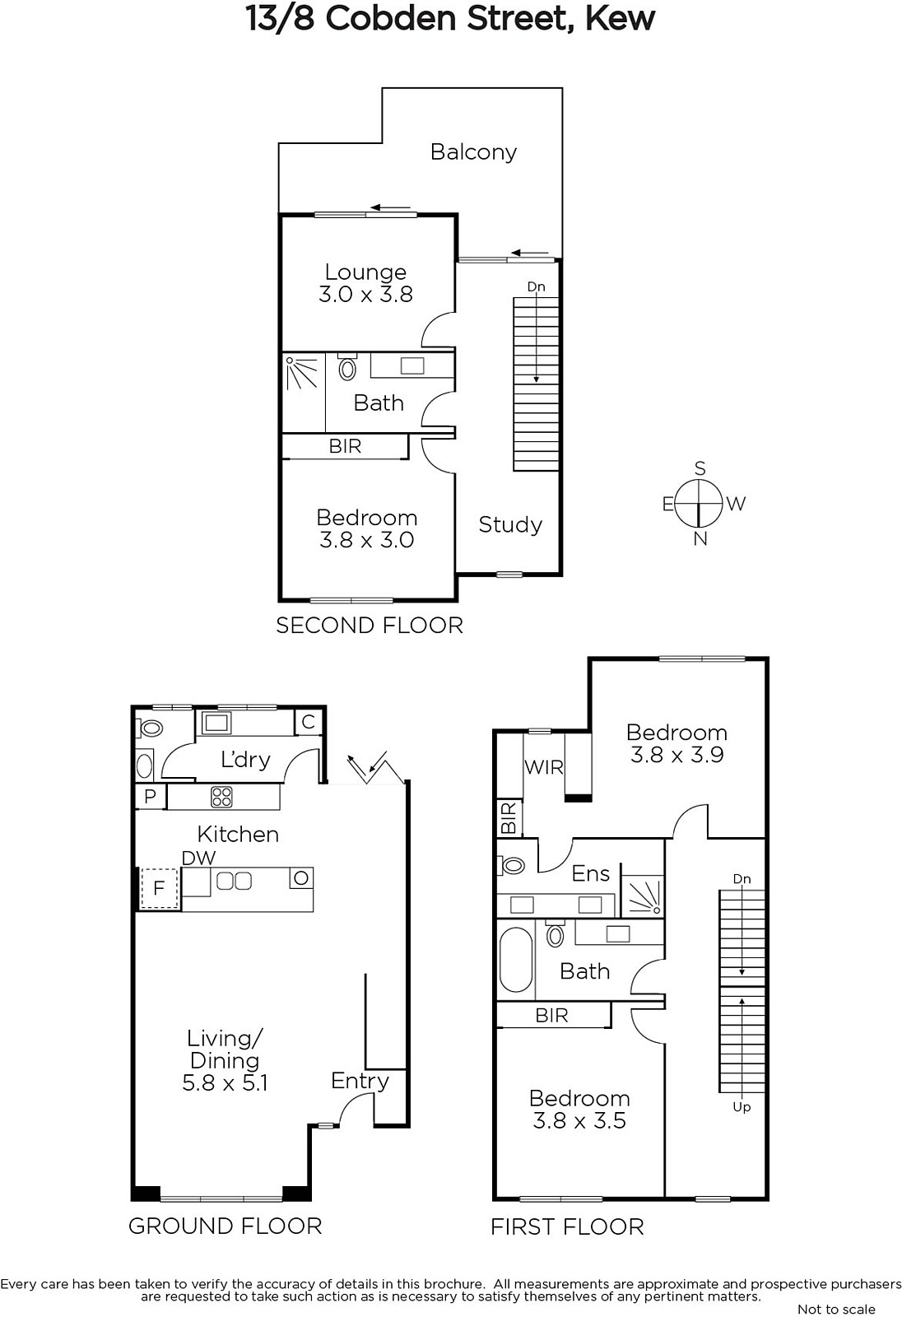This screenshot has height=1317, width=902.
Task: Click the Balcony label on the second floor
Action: coord(473,152)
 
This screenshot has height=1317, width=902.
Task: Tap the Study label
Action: coord(509,524)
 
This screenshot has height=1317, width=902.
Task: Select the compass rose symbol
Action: coord(698,504)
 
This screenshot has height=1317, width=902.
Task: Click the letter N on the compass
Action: coord(700,538)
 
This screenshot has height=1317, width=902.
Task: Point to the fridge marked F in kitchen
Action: coord(158,887)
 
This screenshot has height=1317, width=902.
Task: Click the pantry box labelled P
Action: coord(151,796)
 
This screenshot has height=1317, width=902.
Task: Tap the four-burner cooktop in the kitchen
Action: coord(221,798)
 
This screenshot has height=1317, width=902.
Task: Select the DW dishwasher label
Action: coord(198,858)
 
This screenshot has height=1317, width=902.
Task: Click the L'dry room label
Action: coord(245,760)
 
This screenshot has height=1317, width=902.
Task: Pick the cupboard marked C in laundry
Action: coord(308,722)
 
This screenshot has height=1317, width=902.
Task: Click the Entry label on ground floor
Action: coord(360,1081)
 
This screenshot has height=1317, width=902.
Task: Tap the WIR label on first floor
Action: coord(543,767)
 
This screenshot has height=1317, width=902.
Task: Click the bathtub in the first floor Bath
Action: coord(516,960)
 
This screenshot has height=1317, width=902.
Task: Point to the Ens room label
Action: coord(590,873)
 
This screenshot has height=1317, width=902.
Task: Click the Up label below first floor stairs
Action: coord(742,1107)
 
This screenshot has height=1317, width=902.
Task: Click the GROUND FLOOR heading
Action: coord(225,1222)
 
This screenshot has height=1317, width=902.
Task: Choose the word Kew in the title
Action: coord(621,19)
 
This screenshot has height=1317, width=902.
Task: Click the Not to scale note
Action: coord(836,1310)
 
